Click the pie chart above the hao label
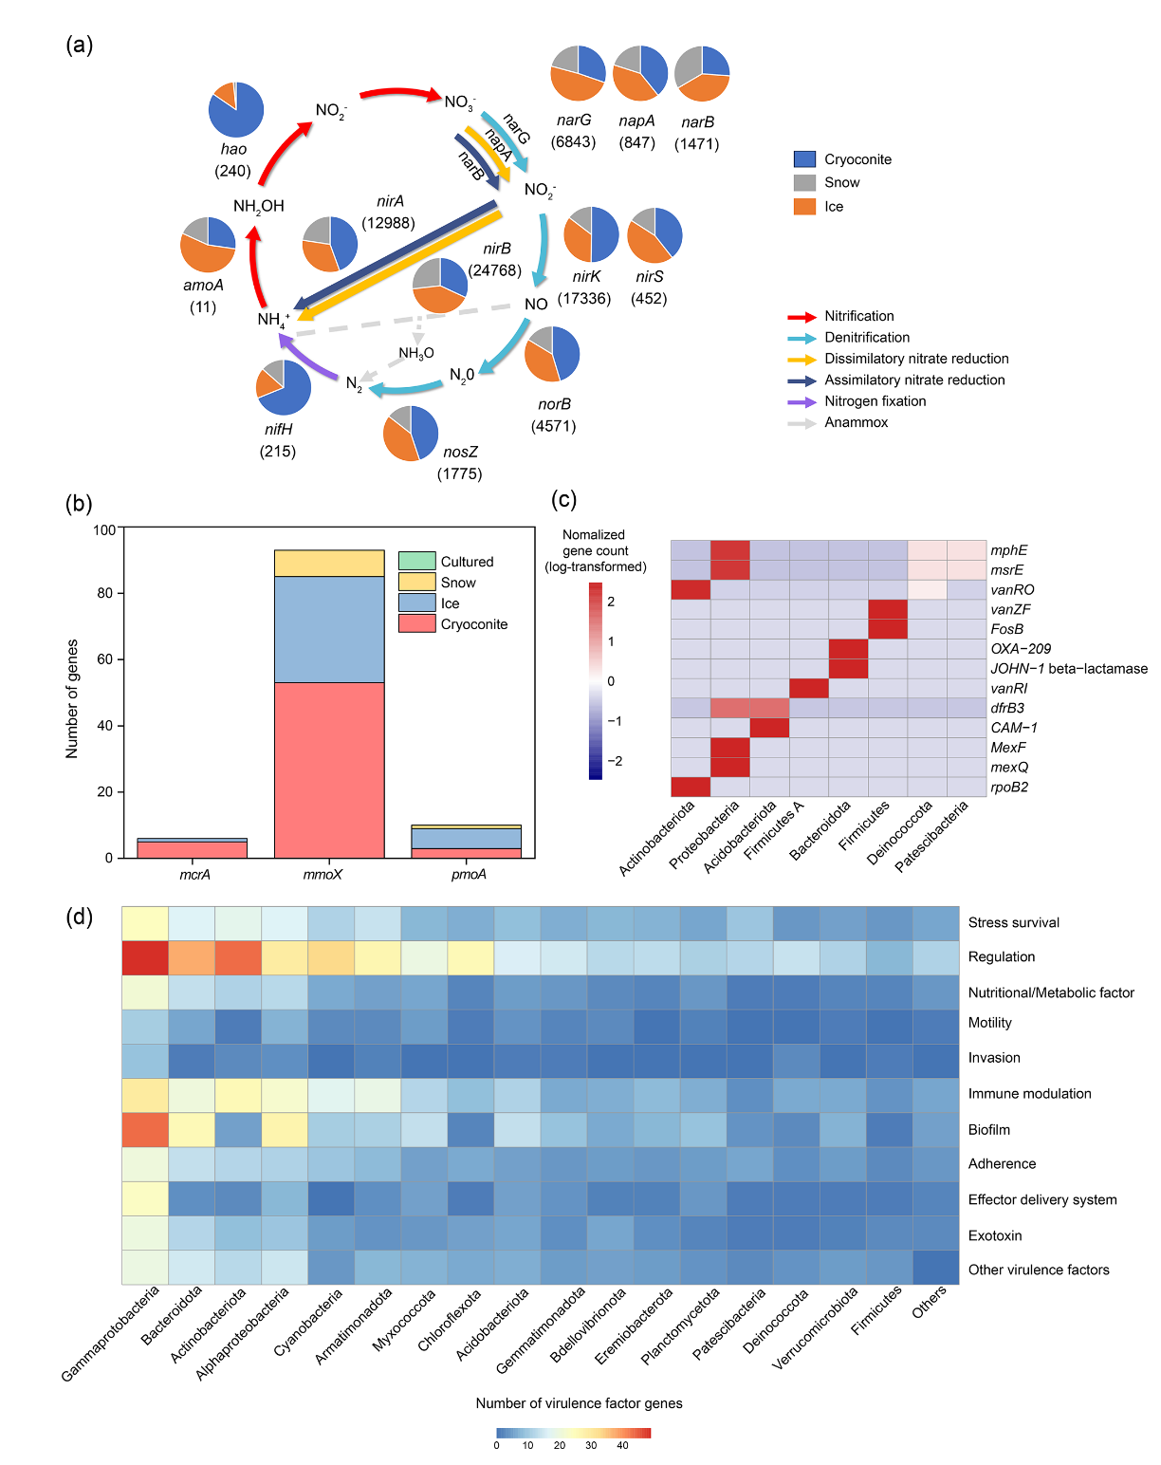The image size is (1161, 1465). pyautogui.click(x=236, y=109)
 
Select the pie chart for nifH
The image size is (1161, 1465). pyautogui.click(x=284, y=387)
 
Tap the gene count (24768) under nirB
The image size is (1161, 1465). pyautogui.click(x=495, y=270)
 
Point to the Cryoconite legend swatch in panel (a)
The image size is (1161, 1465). pyautogui.click(x=804, y=159)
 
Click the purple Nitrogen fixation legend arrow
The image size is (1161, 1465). pyautogui.click(x=802, y=401)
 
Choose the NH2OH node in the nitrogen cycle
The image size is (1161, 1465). pyautogui.click(x=258, y=206)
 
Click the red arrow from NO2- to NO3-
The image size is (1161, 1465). pyautogui.click(x=400, y=93)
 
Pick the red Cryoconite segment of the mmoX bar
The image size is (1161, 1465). pyautogui.click(x=329, y=770)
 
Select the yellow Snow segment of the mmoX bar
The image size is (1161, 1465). pyautogui.click(x=329, y=564)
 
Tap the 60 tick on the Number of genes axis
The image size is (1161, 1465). pyautogui.click(x=104, y=659)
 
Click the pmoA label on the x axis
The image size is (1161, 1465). pyautogui.click(x=469, y=875)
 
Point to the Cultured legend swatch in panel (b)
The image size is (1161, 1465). pyautogui.click(x=416, y=562)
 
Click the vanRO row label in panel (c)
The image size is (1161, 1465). pyautogui.click(x=1012, y=590)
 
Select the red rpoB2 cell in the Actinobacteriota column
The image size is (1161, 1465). pyautogui.click(x=691, y=787)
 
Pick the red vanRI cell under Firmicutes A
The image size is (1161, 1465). pyautogui.click(x=809, y=688)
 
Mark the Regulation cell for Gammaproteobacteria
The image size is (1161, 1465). pyautogui.click(x=145, y=957)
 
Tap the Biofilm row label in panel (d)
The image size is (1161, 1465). pyautogui.click(x=988, y=1130)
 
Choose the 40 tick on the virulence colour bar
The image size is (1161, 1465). pyautogui.click(x=622, y=1446)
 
